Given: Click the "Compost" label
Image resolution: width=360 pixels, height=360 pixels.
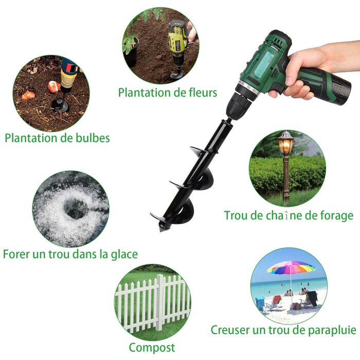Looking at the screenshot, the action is click(x=152, y=348).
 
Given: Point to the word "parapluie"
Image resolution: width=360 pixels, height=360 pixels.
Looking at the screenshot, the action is click(x=332, y=330).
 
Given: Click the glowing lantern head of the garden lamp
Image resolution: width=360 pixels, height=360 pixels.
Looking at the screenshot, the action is click(x=286, y=142).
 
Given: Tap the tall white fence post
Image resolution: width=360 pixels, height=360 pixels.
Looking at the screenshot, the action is click(x=160, y=302).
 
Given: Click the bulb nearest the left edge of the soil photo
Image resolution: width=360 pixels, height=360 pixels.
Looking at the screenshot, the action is click(x=28, y=95).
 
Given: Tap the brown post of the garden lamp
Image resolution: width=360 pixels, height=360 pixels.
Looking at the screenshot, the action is click(x=286, y=178).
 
